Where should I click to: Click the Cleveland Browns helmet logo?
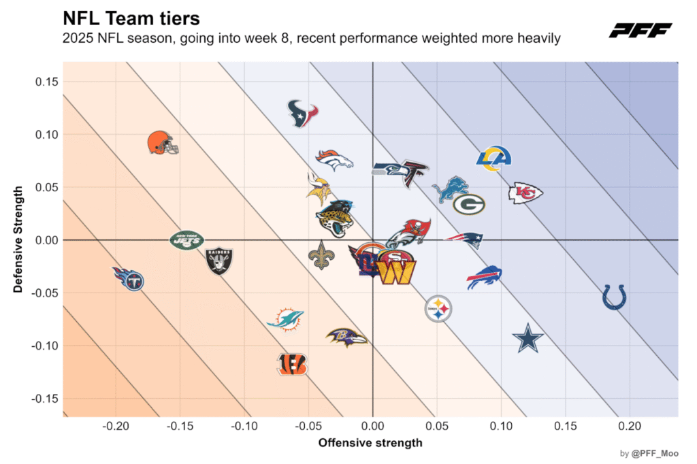[x=162, y=143]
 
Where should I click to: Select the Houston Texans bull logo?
[x=303, y=114]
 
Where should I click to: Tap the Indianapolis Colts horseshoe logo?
[x=614, y=297]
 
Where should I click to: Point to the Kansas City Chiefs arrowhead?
[x=525, y=193]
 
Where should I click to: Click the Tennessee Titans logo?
[x=128, y=278]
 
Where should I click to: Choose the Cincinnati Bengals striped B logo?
[x=292, y=364]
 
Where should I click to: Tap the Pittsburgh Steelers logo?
[x=438, y=310]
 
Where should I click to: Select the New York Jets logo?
[x=187, y=239]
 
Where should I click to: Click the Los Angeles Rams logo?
[x=493, y=159]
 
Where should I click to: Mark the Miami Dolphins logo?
[x=286, y=318]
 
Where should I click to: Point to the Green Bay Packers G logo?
[x=469, y=203]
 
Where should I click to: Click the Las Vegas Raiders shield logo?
[x=219, y=261]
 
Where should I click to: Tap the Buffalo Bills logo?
[x=484, y=278]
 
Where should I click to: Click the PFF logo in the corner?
[x=640, y=30]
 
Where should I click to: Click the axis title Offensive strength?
[x=370, y=443]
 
